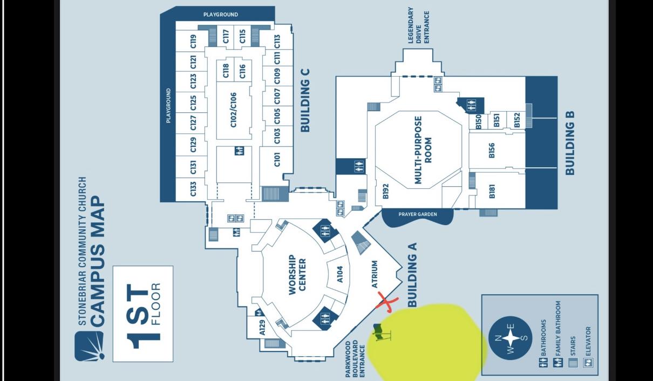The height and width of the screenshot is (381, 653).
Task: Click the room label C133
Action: click(x=193, y=189)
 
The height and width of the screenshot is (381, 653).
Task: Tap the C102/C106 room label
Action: click(x=234, y=110)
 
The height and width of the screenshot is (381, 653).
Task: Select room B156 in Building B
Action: click(x=492, y=151)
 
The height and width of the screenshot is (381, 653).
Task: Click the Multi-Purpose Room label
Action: click(x=423, y=150)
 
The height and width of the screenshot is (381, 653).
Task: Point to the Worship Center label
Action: click(x=297, y=275)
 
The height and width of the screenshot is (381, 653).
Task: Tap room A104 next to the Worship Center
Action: click(x=340, y=274)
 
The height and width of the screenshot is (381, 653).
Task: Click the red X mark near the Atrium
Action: click(x=386, y=302)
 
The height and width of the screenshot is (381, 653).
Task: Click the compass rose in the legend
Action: click(x=510, y=338)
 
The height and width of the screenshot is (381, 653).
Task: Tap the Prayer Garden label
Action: click(x=418, y=214)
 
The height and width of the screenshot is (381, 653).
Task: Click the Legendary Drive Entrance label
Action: click(x=419, y=25)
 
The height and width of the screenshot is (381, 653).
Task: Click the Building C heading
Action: click(x=305, y=100)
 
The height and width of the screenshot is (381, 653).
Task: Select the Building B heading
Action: click(x=570, y=143)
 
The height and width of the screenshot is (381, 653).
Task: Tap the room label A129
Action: click(x=262, y=328)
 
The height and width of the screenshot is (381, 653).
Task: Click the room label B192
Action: click(x=385, y=191)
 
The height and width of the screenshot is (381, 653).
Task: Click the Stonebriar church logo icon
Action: click(x=89, y=346)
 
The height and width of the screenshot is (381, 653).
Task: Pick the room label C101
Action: click(x=277, y=159)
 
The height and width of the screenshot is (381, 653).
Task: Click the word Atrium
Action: click(x=375, y=274)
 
